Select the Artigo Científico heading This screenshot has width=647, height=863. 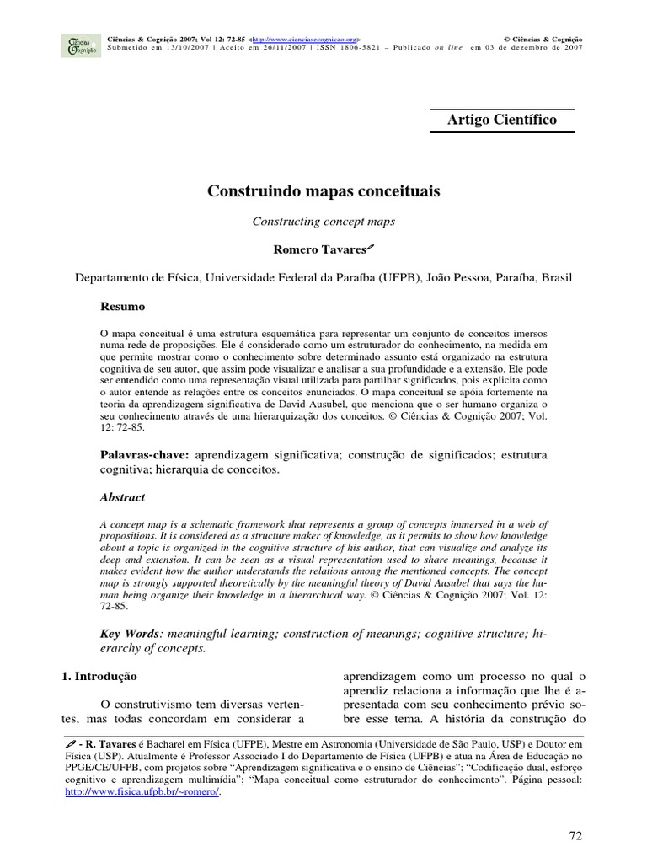coord(502,121)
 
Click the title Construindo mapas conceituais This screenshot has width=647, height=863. coord(323,192)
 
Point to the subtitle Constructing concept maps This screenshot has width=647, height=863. coord(323,222)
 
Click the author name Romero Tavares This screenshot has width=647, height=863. coord(318,249)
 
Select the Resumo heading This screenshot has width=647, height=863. coord(123,307)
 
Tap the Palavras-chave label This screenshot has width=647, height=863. coord(137,454)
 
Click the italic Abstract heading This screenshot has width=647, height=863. coord(123,497)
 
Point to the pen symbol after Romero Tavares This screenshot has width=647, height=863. coord(370,248)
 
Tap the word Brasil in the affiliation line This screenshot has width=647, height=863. coord(554,277)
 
